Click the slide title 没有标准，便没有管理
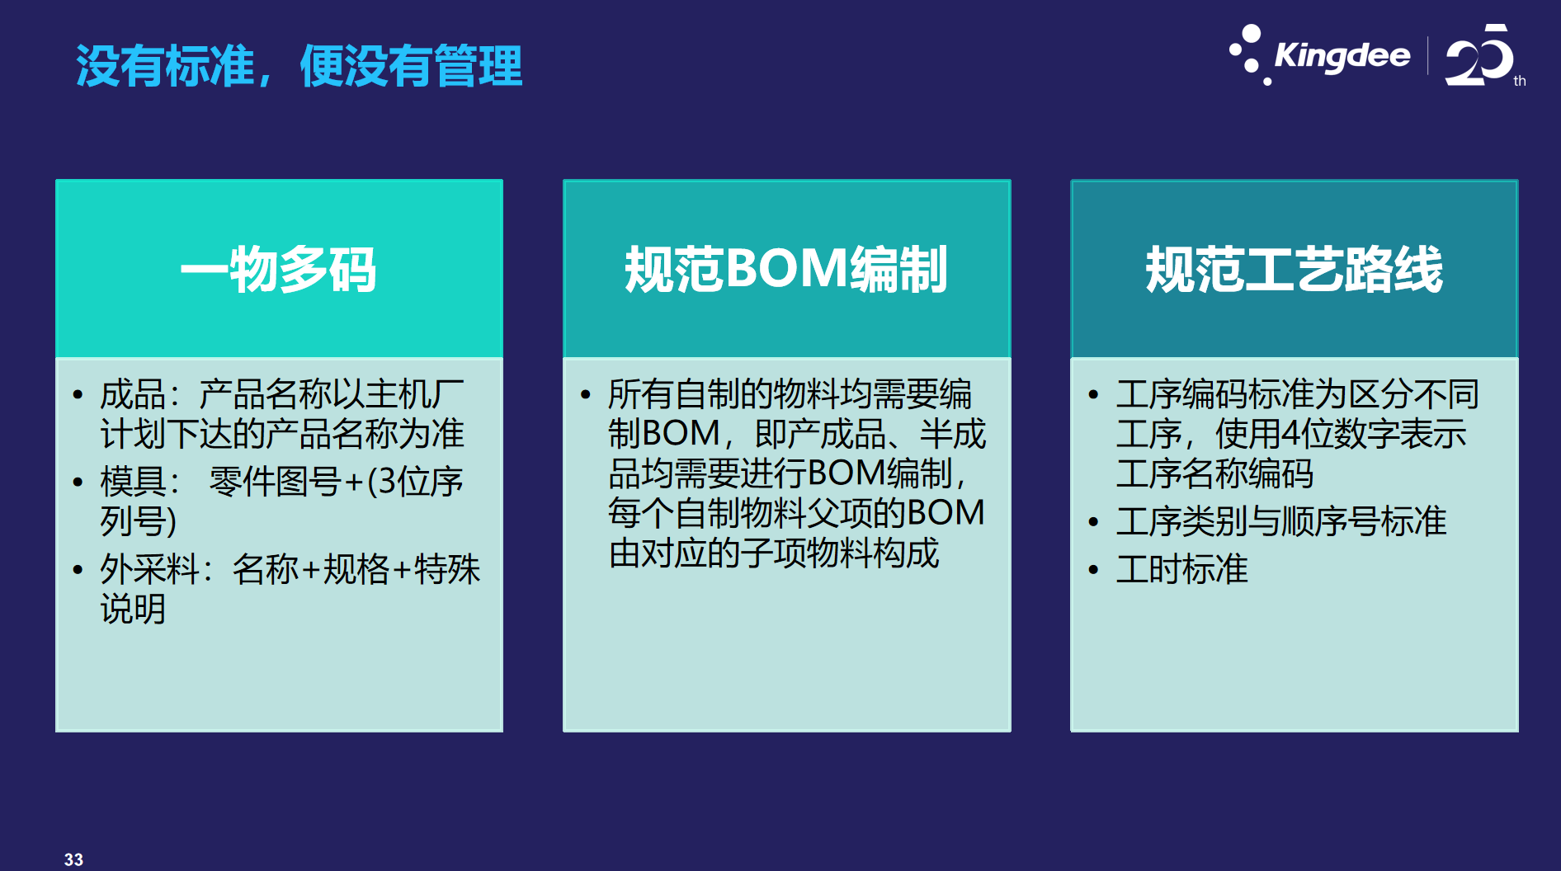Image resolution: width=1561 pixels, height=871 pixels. [x=299, y=66]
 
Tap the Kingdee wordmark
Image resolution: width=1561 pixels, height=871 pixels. [x=1342, y=56]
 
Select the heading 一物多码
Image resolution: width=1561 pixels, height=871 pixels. [x=279, y=269]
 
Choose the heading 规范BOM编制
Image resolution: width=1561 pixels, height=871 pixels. [x=786, y=269]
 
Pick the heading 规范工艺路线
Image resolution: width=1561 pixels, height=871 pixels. [x=1294, y=269]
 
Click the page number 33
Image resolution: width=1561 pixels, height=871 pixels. [x=73, y=859]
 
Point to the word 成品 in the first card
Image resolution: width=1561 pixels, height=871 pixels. [x=133, y=394]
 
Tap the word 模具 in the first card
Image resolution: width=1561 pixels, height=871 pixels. [x=133, y=482]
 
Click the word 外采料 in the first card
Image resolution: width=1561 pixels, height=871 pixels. [x=149, y=569]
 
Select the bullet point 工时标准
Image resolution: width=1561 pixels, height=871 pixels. [x=1181, y=569]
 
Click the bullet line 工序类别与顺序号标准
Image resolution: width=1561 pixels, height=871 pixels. [x=1280, y=521]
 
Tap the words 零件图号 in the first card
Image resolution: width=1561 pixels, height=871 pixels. [x=275, y=482]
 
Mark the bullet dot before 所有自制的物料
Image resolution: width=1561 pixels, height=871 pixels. [x=585, y=395]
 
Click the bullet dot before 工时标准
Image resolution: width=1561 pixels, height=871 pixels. [x=1093, y=570]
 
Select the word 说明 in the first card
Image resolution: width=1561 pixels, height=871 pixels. [x=133, y=609]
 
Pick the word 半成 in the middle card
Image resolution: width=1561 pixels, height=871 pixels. [x=953, y=434]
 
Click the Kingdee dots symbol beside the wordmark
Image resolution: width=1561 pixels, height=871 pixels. [x=1250, y=54]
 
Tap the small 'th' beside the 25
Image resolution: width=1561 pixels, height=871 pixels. [x=1520, y=81]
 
